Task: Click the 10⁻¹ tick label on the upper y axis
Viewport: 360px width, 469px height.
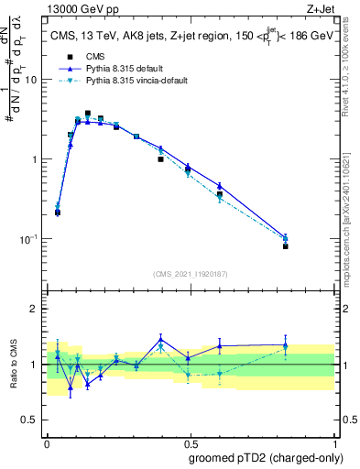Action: (30, 238)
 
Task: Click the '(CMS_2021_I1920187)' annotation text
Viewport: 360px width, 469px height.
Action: (190, 273)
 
